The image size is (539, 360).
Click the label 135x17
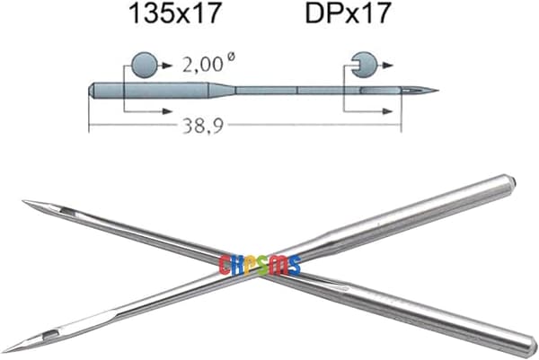174,13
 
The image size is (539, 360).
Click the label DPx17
349,13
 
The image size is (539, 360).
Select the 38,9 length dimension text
203,126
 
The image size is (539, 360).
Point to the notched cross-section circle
364,65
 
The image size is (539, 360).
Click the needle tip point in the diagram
438,91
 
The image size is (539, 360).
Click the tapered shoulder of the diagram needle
223,91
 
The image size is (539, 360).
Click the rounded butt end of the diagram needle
92,91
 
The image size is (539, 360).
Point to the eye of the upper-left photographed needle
67,212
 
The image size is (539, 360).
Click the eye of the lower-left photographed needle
50,335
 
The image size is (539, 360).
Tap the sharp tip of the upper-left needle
23,201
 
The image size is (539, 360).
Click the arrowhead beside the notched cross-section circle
388,65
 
